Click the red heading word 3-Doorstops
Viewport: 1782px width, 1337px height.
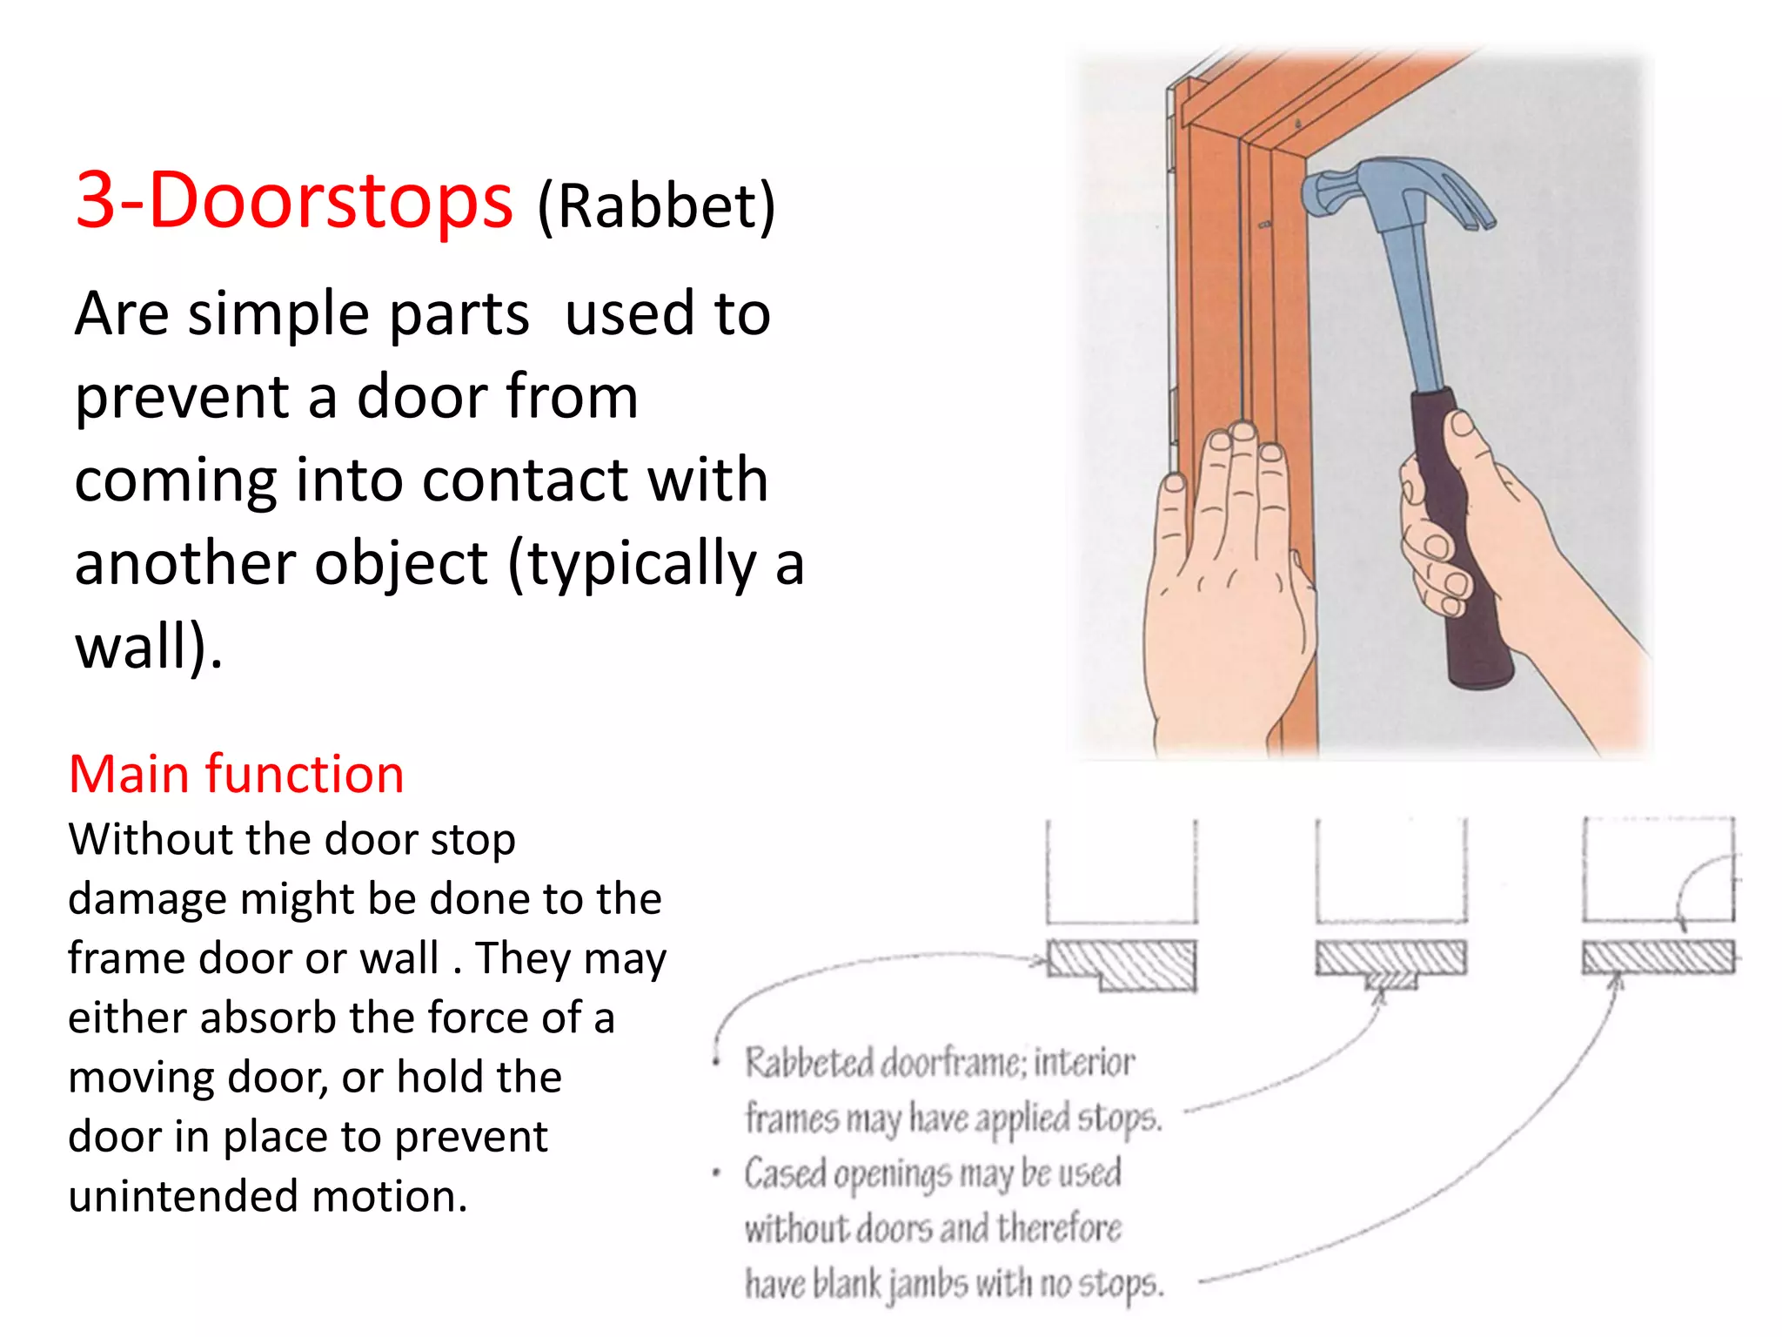pyautogui.click(x=294, y=200)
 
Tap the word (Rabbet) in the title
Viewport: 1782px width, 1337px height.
pyautogui.click(x=656, y=207)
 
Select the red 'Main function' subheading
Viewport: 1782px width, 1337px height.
pyautogui.click(x=236, y=774)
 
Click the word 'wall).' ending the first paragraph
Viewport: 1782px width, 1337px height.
pyautogui.click(x=149, y=647)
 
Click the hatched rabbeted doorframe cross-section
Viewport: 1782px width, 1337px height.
pyautogui.click(x=1122, y=964)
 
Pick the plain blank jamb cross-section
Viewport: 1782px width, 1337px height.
pyautogui.click(x=1658, y=957)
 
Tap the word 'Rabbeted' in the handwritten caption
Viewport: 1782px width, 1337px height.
pyautogui.click(x=808, y=1064)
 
